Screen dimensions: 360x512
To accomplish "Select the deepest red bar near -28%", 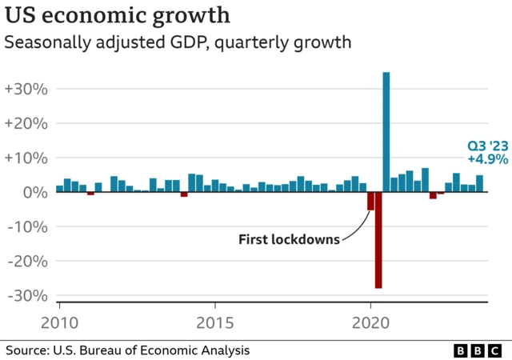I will (x=378, y=240).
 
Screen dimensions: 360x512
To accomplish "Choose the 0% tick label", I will (x=34, y=192).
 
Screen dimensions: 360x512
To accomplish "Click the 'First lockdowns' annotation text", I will (x=289, y=238).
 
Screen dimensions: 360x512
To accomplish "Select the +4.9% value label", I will (x=488, y=159).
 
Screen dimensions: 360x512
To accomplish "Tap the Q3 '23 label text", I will (x=488, y=146).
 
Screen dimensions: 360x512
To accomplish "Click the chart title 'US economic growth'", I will (x=118, y=16).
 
